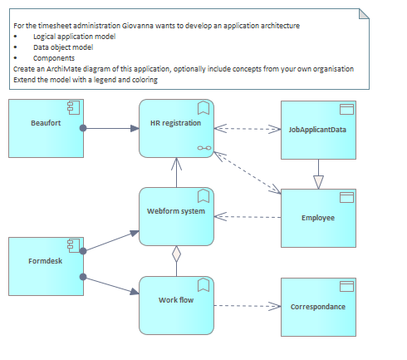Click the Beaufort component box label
pos(46,123)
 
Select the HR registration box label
pos(175,123)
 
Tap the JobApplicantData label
pos(317,130)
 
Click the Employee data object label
pos(318,218)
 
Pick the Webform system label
pos(176,211)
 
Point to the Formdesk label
pos(45,261)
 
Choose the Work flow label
pos(176,300)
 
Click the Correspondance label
pos(318,307)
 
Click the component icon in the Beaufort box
pos(73,107)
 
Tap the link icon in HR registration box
pos(204,148)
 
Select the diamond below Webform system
pos(176,254)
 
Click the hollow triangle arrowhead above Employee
pos(318,182)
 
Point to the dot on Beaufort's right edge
pos(83,128)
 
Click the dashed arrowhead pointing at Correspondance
pos(274,306)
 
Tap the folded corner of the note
pos(364,14)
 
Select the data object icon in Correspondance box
pos(346,287)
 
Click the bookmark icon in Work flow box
pos(203,285)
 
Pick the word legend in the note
pos(105,80)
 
